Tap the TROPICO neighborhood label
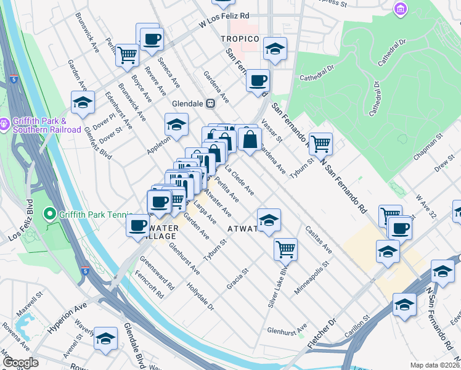tap(239, 39)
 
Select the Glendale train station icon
tap(210, 104)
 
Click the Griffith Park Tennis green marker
tap(50, 214)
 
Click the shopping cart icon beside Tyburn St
tap(320, 144)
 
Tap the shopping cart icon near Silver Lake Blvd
tap(285, 249)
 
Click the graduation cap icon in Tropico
tap(275, 48)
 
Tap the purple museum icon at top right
tap(401, 9)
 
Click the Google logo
tap(20, 363)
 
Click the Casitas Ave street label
tap(317, 240)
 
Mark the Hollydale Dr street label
tap(201, 297)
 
